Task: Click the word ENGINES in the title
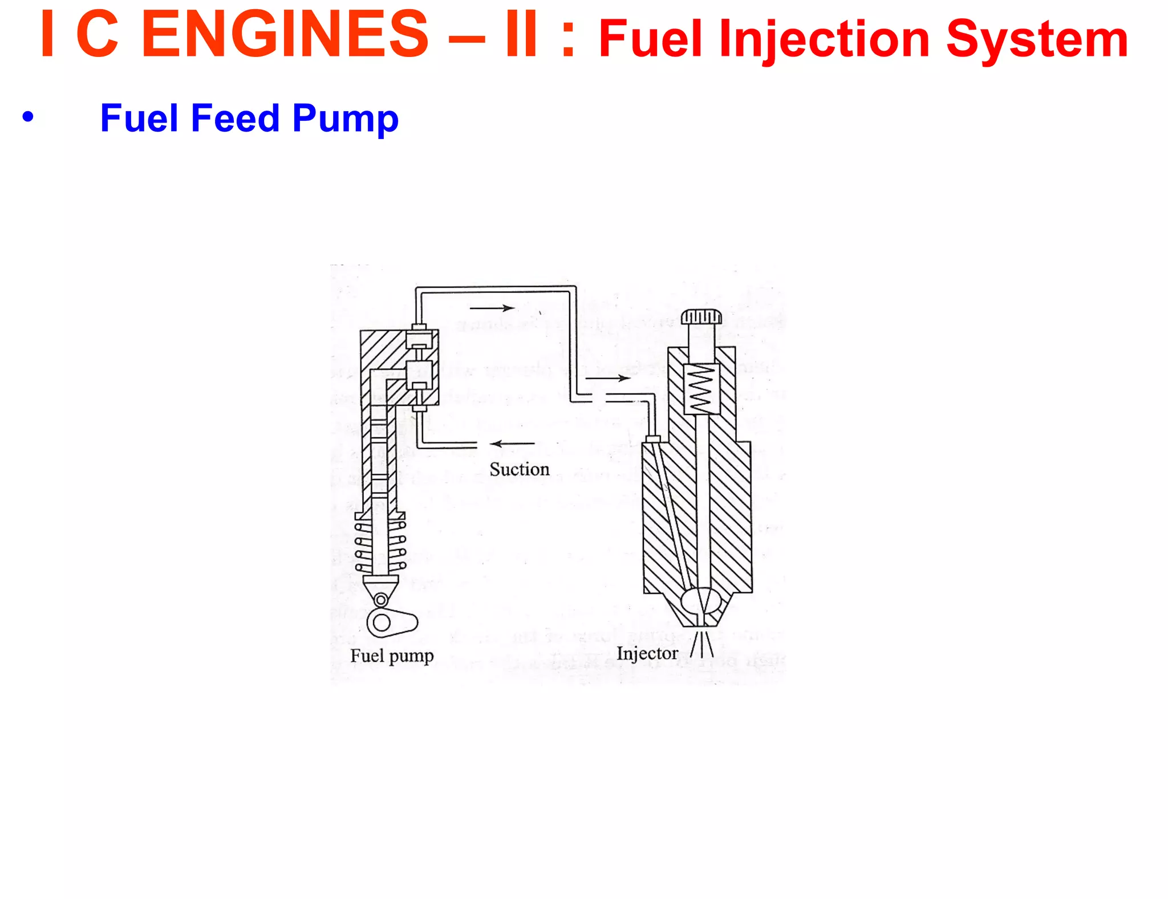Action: click(284, 35)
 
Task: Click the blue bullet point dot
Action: click(28, 117)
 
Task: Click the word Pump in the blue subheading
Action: click(345, 118)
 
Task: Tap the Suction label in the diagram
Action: click(519, 469)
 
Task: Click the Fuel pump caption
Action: click(392, 656)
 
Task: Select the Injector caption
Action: click(647, 653)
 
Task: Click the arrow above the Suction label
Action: click(512, 444)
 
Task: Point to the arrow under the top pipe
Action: click(492, 308)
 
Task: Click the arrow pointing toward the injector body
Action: click(608, 378)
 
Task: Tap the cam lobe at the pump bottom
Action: click(391, 623)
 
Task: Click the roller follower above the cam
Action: click(381, 599)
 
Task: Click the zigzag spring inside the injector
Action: click(701, 388)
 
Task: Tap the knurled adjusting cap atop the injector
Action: click(701, 316)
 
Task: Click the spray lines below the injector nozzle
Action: click(702, 644)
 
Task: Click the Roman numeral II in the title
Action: click(521, 35)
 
